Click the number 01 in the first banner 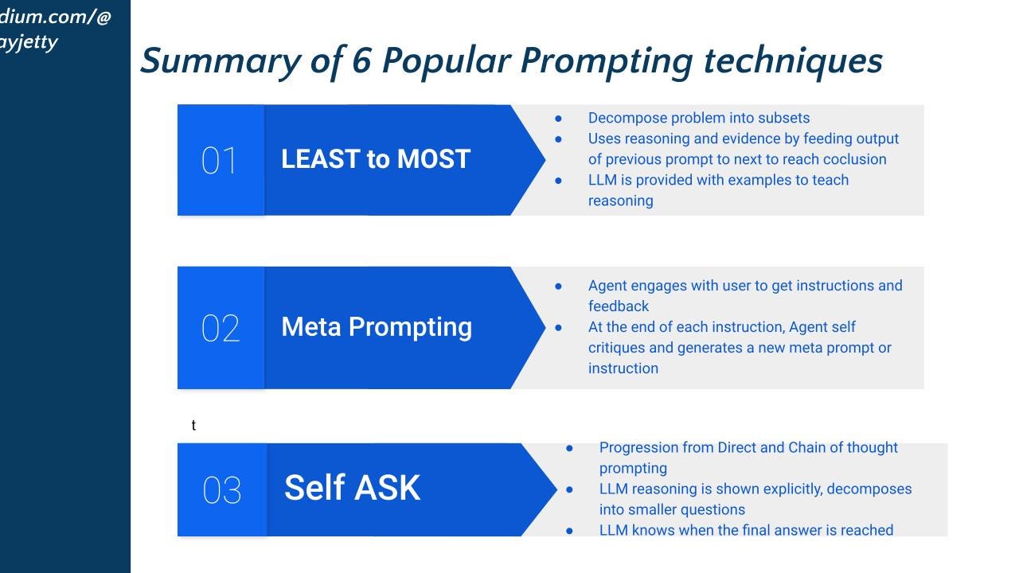[x=219, y=161]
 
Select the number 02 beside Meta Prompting [x=221, y=328]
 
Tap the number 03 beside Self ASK [x=221, y=489]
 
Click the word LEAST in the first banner [x=321, y=158]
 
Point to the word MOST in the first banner [x=434, y=158]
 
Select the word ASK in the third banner [x=387, y=488]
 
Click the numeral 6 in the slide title [x=362, y=60]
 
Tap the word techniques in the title [x=793, y=61]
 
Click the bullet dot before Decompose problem [x=558, y=119]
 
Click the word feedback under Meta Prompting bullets [x=619, y=306]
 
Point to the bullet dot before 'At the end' [x=558, y=327]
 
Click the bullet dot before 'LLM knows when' [x=569, y=531]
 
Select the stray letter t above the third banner [x=193, y=425]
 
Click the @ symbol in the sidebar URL [x=103, y=17]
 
